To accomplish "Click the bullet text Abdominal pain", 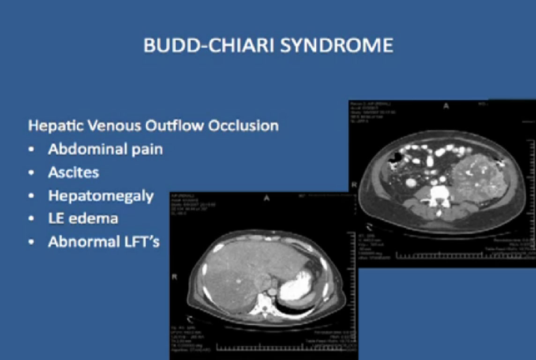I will coord(105,149).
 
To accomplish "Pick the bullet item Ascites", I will coord(74,172).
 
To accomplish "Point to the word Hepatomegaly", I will coord(101,195).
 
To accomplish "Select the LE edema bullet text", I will coord(83,218).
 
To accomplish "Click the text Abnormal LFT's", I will coord(104,241).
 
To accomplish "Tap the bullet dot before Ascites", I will coord(31,172).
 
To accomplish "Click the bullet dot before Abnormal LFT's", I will coord(31,242).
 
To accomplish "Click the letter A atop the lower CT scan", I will coord(267,198).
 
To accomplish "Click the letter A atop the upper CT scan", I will coord(446,106).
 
